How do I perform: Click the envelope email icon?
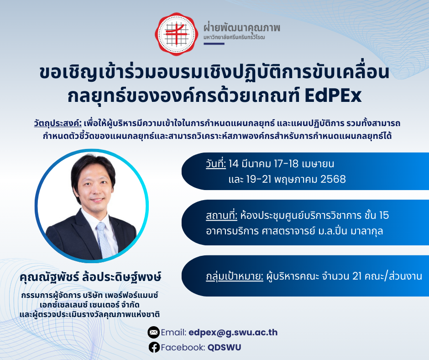click(x=154, y=332)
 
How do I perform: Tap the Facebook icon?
click(x=154, y=347)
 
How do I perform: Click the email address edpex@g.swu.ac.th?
click(x=233, y=332)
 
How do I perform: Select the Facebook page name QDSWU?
click(x=224, y=347)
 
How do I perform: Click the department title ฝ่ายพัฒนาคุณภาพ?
click(x=242, y=27)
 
